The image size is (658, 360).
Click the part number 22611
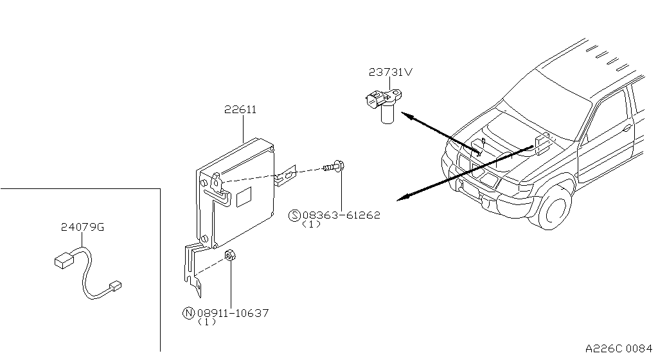240,110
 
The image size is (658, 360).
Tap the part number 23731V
390,72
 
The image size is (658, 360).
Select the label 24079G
82,227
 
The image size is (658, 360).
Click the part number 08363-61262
341,215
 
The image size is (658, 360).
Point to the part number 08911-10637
232,313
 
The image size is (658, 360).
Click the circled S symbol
295,215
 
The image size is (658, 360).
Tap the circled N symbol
188,313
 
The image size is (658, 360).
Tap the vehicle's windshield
546,103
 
